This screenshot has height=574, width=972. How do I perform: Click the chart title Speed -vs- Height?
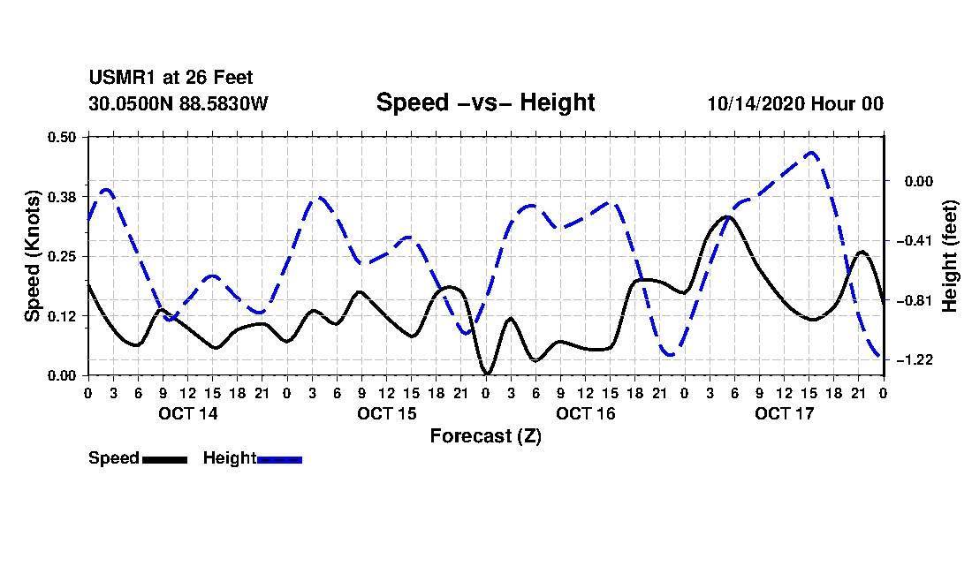point(485,102)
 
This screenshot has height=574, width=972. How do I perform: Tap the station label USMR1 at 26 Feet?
point(171,78)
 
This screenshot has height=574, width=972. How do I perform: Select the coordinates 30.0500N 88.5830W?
point(178,103)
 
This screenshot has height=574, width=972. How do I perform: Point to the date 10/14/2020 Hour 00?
point(795,103)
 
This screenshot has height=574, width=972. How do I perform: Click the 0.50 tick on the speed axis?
point(61,137)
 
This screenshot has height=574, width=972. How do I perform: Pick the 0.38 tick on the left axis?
point(61,197)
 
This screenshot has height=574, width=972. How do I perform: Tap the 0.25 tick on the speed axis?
point(61,256)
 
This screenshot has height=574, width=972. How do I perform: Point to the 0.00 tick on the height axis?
point(919,181)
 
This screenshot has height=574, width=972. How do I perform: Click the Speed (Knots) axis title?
point(32,256)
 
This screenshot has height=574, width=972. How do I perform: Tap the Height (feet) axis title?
point(950,256)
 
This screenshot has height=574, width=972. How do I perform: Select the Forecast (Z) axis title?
point(485,436)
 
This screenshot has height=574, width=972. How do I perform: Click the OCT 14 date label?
point(188,413)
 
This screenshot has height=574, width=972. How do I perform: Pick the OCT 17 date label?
point(784,413)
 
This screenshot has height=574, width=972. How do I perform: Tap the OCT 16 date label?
point(585,413)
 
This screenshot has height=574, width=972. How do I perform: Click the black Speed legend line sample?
point(164,459)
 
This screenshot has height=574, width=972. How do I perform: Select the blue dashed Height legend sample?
point(279,459)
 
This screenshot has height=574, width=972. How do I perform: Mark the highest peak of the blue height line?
point(810,152)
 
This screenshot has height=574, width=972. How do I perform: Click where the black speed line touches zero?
point(487,374)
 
